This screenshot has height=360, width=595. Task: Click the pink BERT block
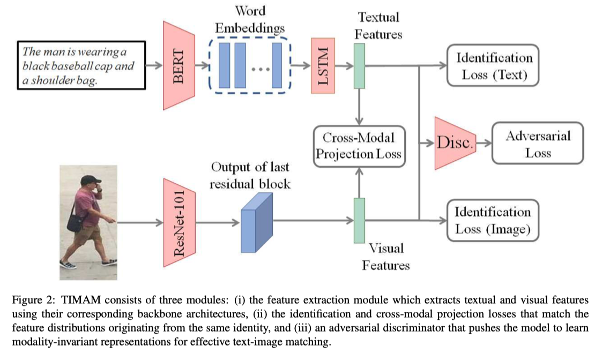178,66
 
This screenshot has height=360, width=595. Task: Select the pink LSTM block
323,66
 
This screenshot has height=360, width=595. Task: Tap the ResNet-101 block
179,223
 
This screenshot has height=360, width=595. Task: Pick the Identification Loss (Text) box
493,66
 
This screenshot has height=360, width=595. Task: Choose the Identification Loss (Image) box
493,220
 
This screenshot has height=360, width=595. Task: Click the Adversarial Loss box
538,143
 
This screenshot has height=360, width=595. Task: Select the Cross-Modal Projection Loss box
359,146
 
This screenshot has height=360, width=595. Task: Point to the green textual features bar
359,66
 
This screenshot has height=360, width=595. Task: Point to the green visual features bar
359,220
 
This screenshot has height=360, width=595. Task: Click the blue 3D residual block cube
257,223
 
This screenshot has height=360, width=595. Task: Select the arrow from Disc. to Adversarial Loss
484,143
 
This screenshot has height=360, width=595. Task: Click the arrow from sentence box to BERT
154,66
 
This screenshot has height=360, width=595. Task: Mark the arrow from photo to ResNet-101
140,223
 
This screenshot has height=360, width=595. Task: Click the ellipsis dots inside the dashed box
261,70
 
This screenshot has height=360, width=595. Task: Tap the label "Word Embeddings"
250,19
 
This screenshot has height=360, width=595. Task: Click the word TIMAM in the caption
81,300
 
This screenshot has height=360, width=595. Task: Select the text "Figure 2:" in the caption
34,300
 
